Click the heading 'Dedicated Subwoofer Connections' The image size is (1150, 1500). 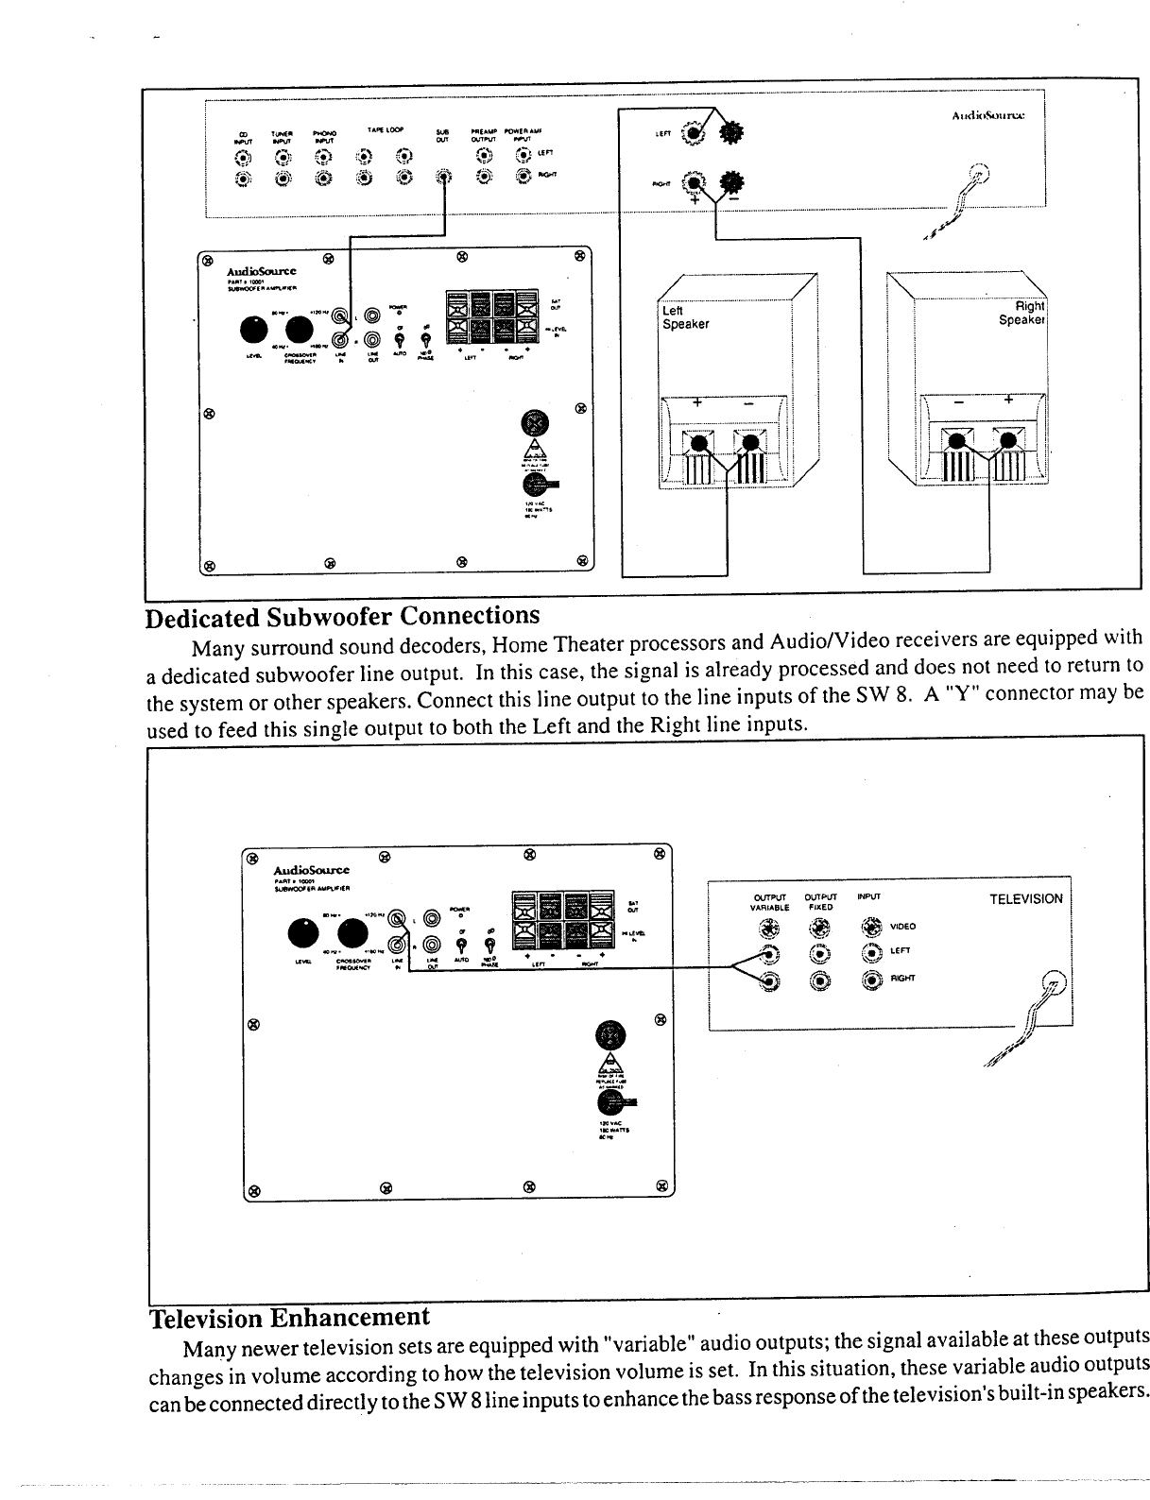click(x=342, y=617)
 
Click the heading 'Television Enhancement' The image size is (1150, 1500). click(x=289, y=1317)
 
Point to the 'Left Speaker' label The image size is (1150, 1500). click(x=686, y=317)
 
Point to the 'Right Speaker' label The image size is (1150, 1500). click(x=1021, y=313)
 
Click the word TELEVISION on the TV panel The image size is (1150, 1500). click(x=1025, y=898)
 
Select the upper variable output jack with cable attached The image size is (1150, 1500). click(x=771, y=954)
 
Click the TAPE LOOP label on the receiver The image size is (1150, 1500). click(x=386, y=129)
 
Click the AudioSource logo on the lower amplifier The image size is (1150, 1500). click(x=311, y=869)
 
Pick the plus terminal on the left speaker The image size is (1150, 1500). click(x=700, y=442)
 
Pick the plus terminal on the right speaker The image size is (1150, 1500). click(x=1008, y=440)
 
